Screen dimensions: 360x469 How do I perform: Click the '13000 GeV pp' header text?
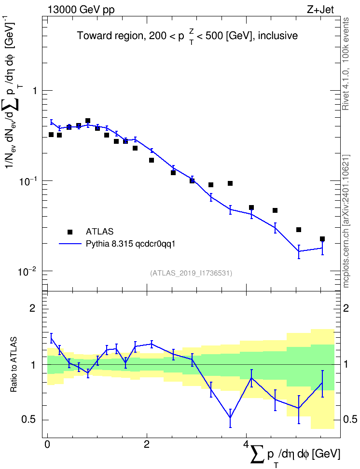81,10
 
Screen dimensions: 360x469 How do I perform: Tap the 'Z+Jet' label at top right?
320,10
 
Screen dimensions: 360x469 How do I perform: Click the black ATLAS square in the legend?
69,232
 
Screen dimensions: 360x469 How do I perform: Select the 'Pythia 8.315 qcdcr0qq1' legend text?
130,244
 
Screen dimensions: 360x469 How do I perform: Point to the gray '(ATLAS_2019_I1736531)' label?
191,273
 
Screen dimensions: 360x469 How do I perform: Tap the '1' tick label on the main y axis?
35,91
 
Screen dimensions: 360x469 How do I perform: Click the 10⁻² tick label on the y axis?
28,272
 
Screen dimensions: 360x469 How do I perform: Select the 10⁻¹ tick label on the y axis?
28,181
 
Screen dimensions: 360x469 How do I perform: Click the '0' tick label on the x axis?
47,444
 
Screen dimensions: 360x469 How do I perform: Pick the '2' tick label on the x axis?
147,444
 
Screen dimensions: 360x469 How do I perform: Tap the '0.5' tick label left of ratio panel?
29,420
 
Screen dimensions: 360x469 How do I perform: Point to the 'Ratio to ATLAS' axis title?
14,364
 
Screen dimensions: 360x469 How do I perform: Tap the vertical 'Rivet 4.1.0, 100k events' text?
346,64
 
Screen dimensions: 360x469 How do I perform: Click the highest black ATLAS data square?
88,121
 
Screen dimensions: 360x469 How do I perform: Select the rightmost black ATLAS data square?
322,239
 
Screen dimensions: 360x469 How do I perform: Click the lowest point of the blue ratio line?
230,417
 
